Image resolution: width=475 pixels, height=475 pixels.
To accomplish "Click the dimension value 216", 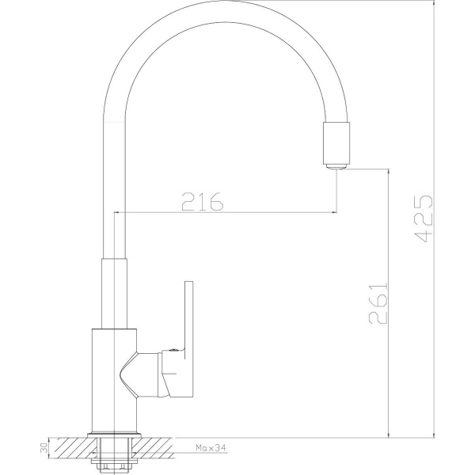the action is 203,201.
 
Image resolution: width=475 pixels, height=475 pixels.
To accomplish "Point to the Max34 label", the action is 211,447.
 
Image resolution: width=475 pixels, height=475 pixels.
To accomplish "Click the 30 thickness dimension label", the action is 44,447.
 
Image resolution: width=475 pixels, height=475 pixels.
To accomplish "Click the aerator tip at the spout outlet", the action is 337,166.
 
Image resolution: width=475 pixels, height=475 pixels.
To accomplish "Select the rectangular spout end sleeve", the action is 336,143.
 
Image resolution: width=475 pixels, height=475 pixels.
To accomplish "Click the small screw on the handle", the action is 173,349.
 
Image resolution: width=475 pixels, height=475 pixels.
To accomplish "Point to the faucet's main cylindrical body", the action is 114,381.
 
